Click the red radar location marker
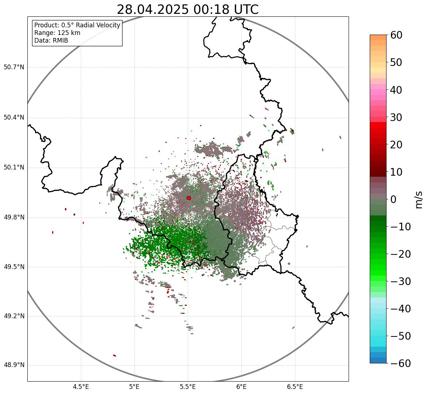coord(189,198)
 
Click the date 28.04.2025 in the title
coord(153,9)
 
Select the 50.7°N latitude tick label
coord(14,67)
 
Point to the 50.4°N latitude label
coord(14,117)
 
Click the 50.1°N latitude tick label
coord(14,168)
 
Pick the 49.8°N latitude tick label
coord(14,218)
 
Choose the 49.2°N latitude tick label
coord(14,316)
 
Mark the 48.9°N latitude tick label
coord(14,365)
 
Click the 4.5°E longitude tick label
coord(81,387)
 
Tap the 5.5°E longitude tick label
coord(188,387)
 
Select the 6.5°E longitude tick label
coord(295,387)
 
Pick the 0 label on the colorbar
coord(393,199)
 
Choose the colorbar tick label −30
coord(400,281)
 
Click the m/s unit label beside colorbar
coord(419,199)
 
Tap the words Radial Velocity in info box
coord(98,25)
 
